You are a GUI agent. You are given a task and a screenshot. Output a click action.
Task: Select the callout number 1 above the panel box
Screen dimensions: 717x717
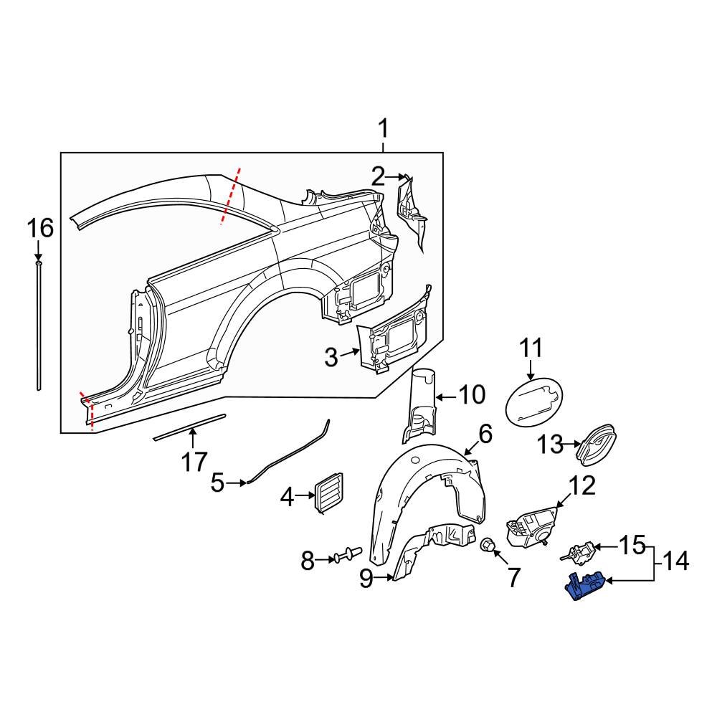click(x=383, y=130)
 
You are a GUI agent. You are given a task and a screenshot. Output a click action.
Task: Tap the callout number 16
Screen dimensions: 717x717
click(x=40, y=229)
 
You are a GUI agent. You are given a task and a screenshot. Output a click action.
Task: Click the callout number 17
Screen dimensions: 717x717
click(x=194, y=461)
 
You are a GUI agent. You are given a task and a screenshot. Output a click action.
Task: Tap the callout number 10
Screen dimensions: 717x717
click(x=471, y=395)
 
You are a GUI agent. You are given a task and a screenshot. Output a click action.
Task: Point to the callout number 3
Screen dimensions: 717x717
click(x=331, y=356)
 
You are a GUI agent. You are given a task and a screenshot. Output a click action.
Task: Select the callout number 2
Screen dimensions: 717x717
click(x=378, y=175)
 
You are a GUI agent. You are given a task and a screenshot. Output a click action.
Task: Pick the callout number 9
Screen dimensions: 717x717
click(x=366, y=579)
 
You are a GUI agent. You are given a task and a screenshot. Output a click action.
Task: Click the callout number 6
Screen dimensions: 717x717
click(x=485, y=433)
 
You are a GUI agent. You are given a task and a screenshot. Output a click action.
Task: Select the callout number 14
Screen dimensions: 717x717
click(x=674, y=561)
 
